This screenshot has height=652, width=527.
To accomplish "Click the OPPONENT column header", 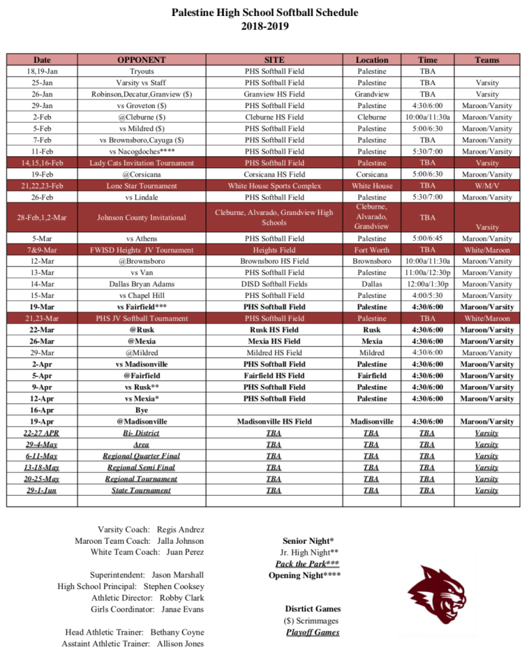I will pyautogui.click(x=141, y=60).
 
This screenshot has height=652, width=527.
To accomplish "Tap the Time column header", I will pyautogui.click(x=427, y=60).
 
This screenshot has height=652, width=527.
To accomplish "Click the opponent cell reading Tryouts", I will pyautogui.click(x=141, y=71).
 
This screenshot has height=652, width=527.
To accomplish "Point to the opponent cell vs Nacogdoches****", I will pyautogui.click(x=141, y=151).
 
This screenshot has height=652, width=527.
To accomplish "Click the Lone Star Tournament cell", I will pyautogui.click(x=141, y=186).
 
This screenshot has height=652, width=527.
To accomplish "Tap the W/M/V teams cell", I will pyautogui.click(x=487, y=186).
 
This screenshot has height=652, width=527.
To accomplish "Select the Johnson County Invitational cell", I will pyautogui.click(x=141, y=217).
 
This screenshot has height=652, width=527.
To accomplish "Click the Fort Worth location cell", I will pyautogui.click(x=372, y=249).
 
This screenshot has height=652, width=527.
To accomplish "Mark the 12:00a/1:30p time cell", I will pyautogui.click(x=427, y=284).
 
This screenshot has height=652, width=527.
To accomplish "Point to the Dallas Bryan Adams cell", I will pyautogui.click(x=141, y=284).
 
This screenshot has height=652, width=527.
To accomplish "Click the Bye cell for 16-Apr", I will pyautogui.click(x=141, y=410).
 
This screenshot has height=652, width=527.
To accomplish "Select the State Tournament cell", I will pyautogui.click(x=141, y=490).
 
